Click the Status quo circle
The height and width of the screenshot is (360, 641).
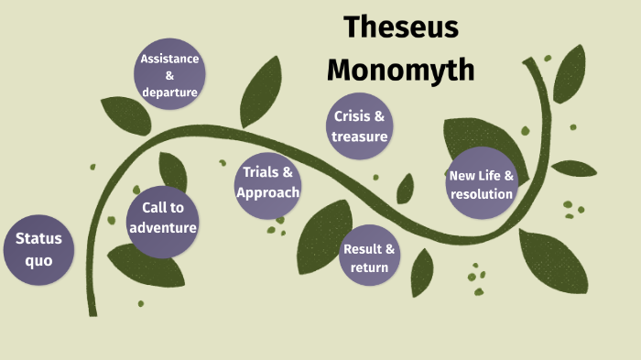pyautogui.click(x=38, y=249)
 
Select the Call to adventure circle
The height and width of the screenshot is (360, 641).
pyautogui.click(x=163, y=220)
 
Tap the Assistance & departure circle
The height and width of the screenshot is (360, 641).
pyautogui.click(x=169, y=75)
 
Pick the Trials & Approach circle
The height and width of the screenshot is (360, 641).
pyautogui.click(x=267, y=182)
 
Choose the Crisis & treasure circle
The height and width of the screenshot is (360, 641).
pyautogui.click(x=360, y=126)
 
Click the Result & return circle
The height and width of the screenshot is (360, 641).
pyautogui.click(x=370, y=258)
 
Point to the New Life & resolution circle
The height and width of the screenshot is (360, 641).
pyautogui.click(x=482, y=184)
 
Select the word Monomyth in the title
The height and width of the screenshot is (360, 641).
pyautogui.click(x=401, y=69)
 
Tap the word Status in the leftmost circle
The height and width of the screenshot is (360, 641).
pyautogui.click(x=38, y=238)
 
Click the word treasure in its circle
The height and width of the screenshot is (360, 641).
pyautogui.click(x=360, y=136)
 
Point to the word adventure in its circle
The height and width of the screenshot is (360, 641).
pyautogui.click(x=163, y=227)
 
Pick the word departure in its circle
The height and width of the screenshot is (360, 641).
pyautogui.click(x=169, y=91)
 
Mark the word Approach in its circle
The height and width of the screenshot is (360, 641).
pyautogui.click(x=267, y=192)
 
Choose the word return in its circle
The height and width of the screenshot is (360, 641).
pyautogui.click(x=370, y=267)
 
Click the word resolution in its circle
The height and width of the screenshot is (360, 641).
pyautogui.click(x=482, y=193)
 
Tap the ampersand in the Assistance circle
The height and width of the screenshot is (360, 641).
pyautogui.click(x=169, y=75)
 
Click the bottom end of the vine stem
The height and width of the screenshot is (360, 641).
pyautogui.click(x=92, y=312)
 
